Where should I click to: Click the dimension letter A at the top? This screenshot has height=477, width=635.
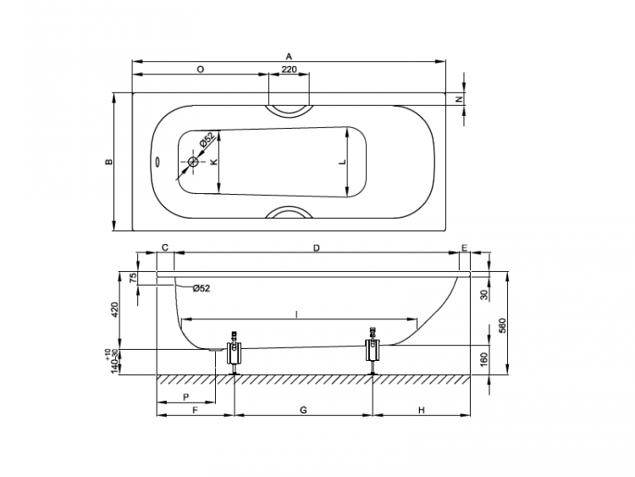(289, 56)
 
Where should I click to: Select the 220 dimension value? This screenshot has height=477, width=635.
(289, 69)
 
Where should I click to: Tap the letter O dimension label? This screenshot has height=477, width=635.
(200, 69)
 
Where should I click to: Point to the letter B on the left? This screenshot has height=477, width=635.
(108, 162)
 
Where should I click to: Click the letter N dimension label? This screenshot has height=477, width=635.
(459, 99)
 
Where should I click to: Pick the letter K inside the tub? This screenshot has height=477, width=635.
(214, 162)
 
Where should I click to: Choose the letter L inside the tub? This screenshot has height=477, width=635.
(343, 162)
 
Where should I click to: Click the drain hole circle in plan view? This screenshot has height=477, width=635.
(194, 162)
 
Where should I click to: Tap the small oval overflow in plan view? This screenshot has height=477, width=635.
(157, 162)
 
